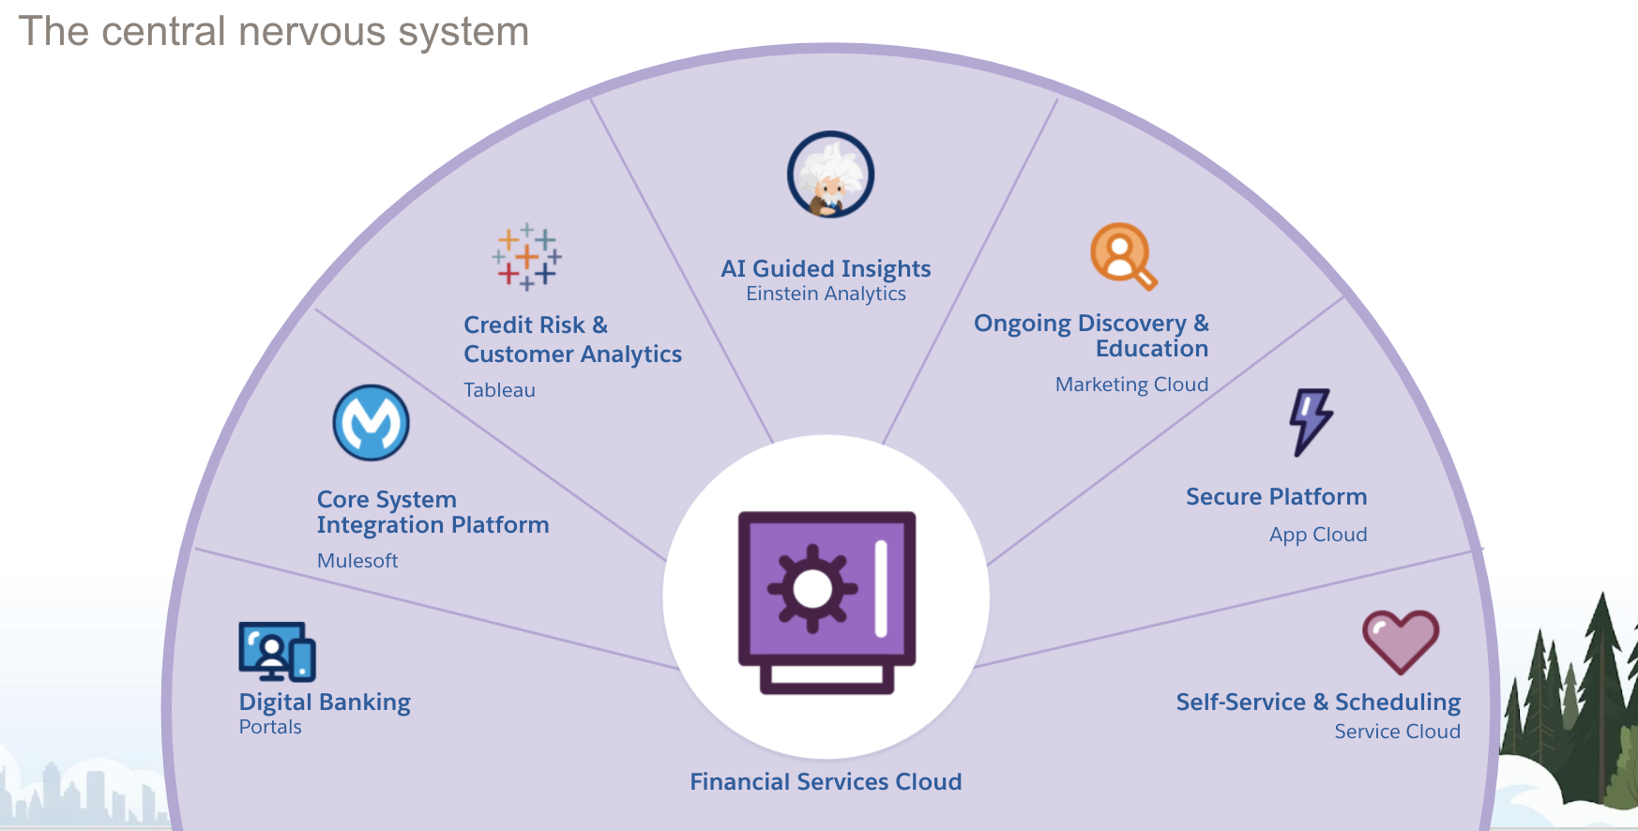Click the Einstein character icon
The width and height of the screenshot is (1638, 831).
click(830, 174)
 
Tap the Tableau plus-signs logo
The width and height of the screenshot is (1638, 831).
click(526, 256)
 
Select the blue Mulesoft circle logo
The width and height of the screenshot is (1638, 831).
click(372, 423)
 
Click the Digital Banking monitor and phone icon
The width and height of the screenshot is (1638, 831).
click(277, 651)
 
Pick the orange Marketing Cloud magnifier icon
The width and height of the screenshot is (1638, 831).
click(1122, 255)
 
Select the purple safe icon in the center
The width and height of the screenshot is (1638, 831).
click(826, 600)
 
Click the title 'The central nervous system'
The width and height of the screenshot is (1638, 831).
click(274, 32)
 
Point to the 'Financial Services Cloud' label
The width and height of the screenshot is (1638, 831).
click(826, 781)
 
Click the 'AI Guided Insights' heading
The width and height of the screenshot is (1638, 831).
click(826, 269)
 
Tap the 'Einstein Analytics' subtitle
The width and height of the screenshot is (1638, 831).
click(826, 295)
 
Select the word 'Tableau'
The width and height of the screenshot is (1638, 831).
click(499, 390)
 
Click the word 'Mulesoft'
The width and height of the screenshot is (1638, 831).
click(357, 561)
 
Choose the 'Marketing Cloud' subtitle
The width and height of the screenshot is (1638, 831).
click(1131, 385)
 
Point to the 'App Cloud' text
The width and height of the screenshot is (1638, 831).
click(1318, 535)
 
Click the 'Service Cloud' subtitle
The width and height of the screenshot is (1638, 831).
click(1397, 732)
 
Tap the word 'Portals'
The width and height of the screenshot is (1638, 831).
click(270, 727)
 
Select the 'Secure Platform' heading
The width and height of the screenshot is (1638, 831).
click(1276, 497)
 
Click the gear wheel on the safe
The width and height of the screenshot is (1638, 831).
click(812, 589)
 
